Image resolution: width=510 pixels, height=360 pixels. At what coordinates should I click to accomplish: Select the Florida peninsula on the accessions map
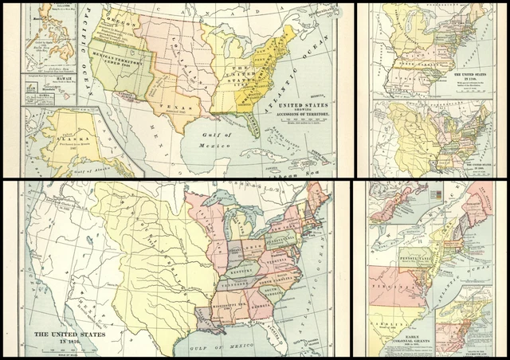tap(253, 125)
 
